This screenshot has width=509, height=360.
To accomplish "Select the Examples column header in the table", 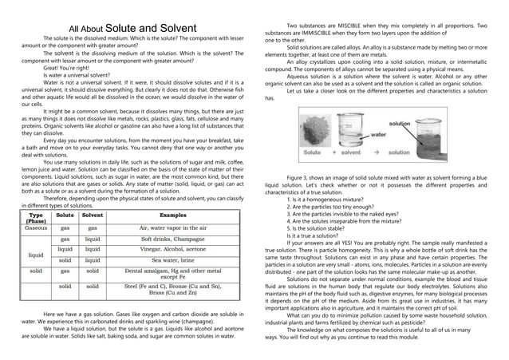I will coord(173,216).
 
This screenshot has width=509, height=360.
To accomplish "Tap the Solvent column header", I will coord(93,216).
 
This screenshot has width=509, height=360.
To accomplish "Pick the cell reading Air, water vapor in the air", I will coord(173,227).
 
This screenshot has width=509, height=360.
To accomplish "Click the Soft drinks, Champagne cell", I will coord(173,239).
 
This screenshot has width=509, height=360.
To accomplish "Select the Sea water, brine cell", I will coord(173,259).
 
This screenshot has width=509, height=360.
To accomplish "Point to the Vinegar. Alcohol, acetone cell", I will coord(173,249).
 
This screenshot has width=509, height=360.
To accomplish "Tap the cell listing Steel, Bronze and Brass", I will coord(173,289).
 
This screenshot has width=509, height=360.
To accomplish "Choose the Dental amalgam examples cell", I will coord(173,274).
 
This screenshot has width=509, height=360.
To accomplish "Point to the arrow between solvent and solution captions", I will coord(376,151).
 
